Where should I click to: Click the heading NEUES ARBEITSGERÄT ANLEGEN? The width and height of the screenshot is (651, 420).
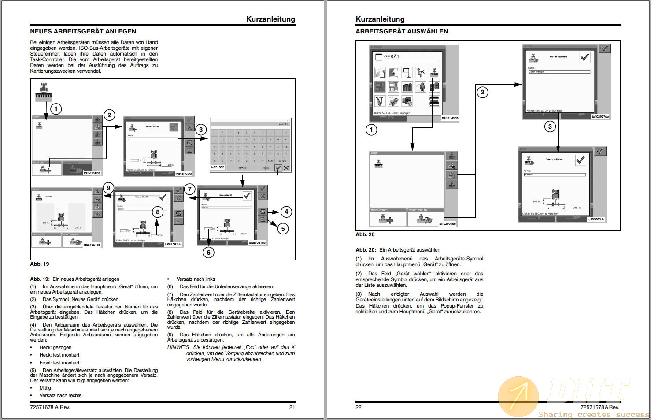tap(83, 31)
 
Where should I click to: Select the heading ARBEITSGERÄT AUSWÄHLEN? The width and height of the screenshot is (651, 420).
tap(401, 31)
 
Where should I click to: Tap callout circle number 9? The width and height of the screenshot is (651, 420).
tap(108, 188)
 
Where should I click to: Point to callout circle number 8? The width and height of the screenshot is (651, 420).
tap(158, 212)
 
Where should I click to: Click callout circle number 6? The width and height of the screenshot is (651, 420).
tap(208, 252)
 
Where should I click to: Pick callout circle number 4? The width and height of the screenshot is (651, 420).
tap(286, 212)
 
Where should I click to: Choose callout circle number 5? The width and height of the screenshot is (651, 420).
tap(282, 228)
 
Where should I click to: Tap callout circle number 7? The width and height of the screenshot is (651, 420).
tap(189, 190)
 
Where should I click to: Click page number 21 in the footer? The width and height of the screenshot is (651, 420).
tap(292, 407)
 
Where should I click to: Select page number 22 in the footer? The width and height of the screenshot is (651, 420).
tap(359, 407)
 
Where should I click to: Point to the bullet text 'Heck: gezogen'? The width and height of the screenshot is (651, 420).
tap(55, 347)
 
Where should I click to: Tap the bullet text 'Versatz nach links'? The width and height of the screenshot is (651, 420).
tap(196, 279)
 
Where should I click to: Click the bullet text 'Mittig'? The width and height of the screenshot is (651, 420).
tap(45, 388)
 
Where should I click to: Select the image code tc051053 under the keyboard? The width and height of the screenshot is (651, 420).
tap(218, 167)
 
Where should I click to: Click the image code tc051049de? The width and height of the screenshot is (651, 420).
tap(450, 118)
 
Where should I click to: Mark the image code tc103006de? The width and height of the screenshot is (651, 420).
tap(596, 219)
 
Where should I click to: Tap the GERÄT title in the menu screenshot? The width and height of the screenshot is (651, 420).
tap(391, 57)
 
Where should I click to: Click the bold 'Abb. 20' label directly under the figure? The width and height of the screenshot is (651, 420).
tap(365, 234)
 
